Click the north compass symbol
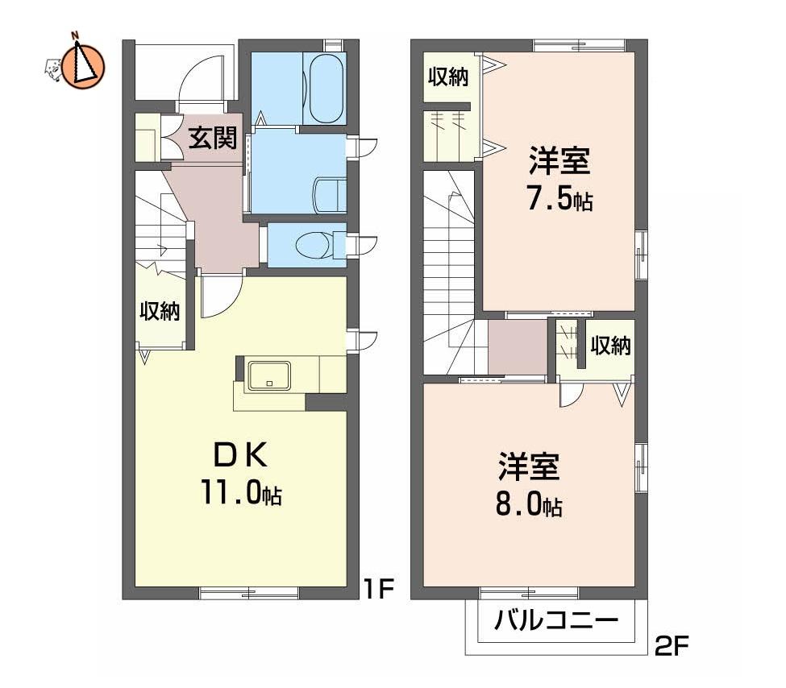click(83, 64)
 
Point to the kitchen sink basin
click(269, 375)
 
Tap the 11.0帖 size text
click(242, 491)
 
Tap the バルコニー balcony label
click(556, 620)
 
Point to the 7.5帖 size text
click(559, 201)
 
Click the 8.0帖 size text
click(530, 505)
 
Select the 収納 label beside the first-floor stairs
click(160, 311)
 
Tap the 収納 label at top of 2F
click(448, 77)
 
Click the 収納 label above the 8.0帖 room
click(610, 346)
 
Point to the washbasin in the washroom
click(330, 195)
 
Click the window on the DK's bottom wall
click(249, 593)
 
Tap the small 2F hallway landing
click(518, 346)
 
